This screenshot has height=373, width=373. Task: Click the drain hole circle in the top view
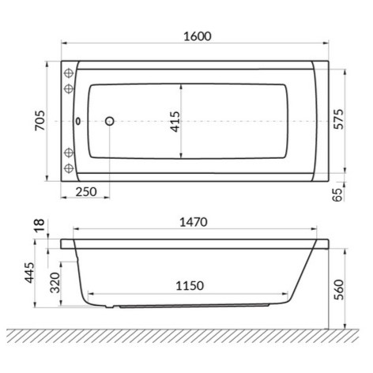pos(110,121)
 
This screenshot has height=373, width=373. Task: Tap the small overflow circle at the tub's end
pos(77,121)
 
